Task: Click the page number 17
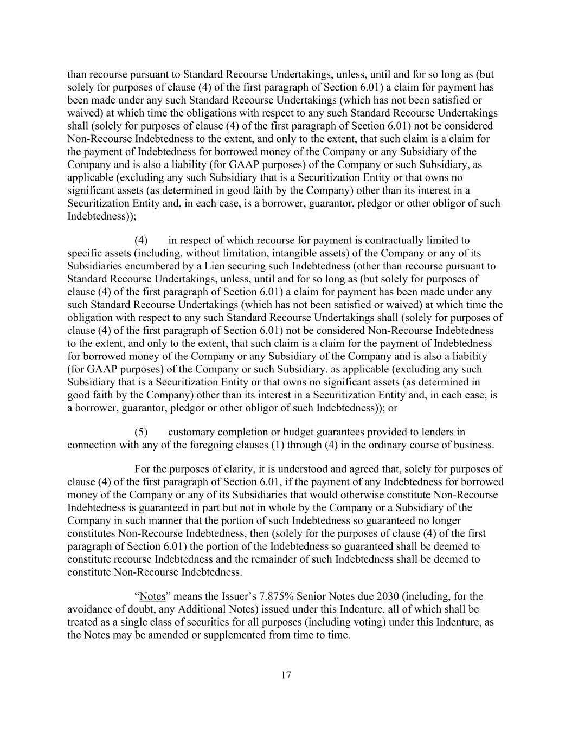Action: point(286,675)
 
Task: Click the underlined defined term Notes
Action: point(152,596)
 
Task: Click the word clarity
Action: point(240,469)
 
